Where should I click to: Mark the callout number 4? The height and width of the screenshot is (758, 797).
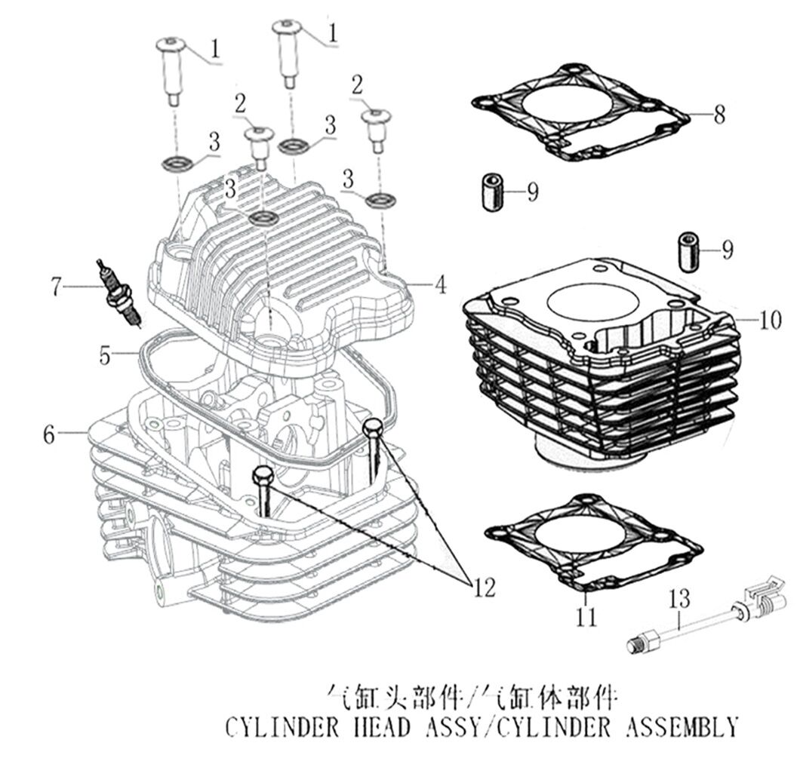440,284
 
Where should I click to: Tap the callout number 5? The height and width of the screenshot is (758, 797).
106,354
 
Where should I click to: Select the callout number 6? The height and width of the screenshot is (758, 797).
49,434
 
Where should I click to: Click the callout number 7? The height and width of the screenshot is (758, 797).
55,286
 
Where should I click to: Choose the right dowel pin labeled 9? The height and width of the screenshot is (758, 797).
688,253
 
